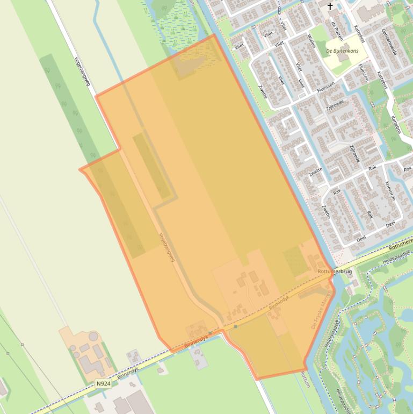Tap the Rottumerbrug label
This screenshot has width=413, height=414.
click(x=335, y=272)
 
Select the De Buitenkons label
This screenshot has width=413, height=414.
click(x=343, y=51)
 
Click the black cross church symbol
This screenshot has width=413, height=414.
click(x=330, y=6)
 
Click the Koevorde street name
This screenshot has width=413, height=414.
click(x=390, y=191)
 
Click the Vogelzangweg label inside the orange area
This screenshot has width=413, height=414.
click(x=167, y=247)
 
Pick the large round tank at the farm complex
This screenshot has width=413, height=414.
click(x=94, y=337)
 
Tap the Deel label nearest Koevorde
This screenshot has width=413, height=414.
click(x=390, y=224)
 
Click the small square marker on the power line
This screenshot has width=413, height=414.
click(x=22, y=345)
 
